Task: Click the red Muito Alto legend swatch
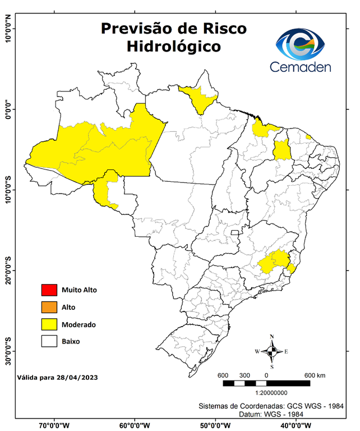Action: [49, 290]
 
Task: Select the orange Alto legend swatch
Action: [49, 307]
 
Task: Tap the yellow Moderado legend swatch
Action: [49, 324]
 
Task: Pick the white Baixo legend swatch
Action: [49, 341]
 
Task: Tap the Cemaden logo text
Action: [301, 67]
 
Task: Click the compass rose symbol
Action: [272, 352]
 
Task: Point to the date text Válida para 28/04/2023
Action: [58, 378]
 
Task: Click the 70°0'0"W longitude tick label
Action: [54, 424]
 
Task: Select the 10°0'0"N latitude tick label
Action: [8, 27]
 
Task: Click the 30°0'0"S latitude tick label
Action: [8, 351]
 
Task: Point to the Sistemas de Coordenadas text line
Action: [271, 405]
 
